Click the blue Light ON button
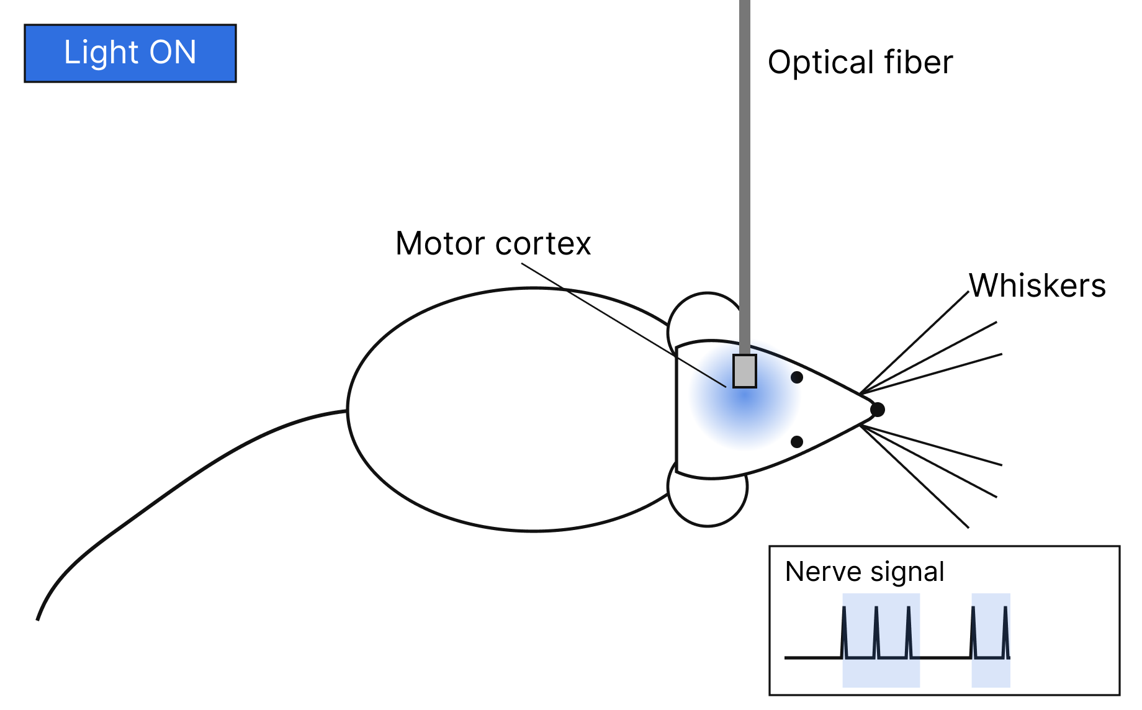[130, 53]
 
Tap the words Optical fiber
[860, 62]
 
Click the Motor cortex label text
[493, 243]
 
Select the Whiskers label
[1038, 285]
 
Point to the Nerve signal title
[865, 572]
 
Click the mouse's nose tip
[878, 410]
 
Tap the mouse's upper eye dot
[797, 377]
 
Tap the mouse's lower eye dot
[797, 442]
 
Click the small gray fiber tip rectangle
[745, 371]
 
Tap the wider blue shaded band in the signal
[881, 640]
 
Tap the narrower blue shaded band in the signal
[991, 640]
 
